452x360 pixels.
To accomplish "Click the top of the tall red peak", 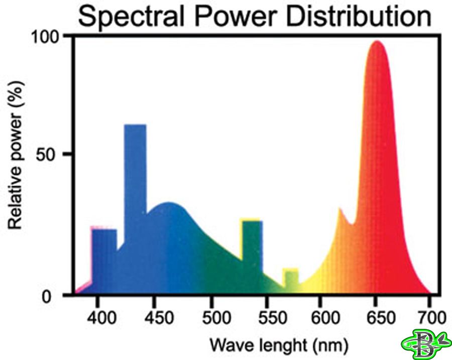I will (376, 42).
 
